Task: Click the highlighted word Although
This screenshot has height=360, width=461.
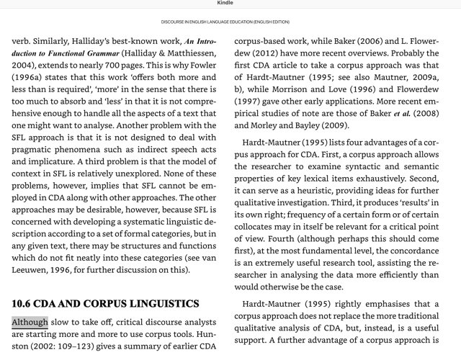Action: [x=30, y=322]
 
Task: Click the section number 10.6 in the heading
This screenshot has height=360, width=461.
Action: [x=26, y=304]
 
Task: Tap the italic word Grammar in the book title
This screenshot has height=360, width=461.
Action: [x=97, y=53]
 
